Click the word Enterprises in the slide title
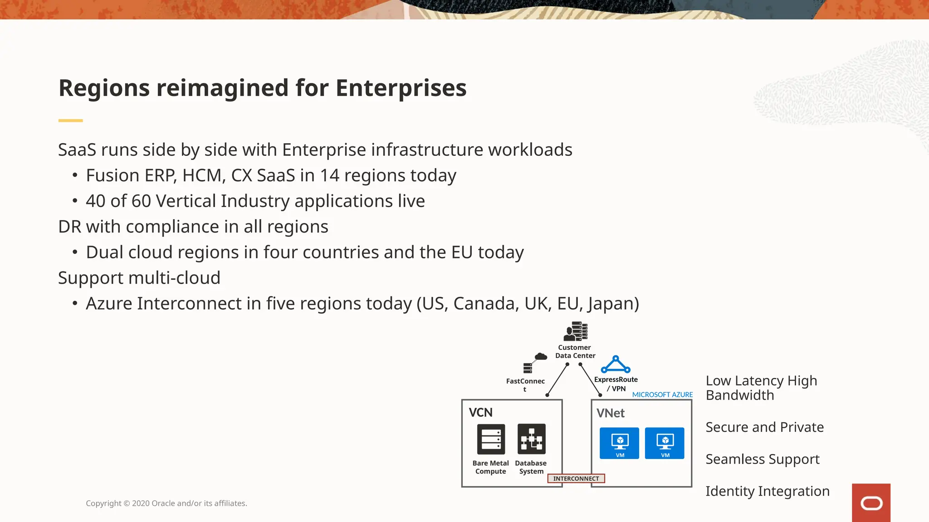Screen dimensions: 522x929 pyautogui.click(x=401, y=88)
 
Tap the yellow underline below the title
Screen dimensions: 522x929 pyautogui.click(x=70, y=121)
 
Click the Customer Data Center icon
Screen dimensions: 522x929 pyautogui.click(x=575, y=332)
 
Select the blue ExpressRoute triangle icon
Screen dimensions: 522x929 pyautogui.click(x=616, y=365)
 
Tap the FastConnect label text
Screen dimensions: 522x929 pyautogui.click(x=525, y=382)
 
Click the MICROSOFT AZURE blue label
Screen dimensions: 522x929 pyautogui.click(x=662, y=395)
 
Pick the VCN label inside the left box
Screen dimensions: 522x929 pyautogui.click(x=480, y=413)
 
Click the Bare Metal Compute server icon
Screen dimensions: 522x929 pyautogui.click(x=491, y=439)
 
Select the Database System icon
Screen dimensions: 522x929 pyautogui.click(x=531, y=439)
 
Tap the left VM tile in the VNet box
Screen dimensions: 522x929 pyautogui.click(x=619, y=443)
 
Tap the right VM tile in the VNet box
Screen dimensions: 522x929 pyautogui.click(x=665, y=443)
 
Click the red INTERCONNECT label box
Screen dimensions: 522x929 pyautogui.click(x=576, y=478)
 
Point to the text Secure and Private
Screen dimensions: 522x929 pyautogui.click(x=764, y=427)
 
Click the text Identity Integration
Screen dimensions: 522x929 pyautogui.click(x=767, y=491)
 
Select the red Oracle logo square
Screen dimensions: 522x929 pyautogui.click(x=871, y=503)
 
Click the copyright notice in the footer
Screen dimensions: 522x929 pyautogui.click(x=166, y=503)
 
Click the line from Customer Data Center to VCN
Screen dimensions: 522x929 pyautogui.click(x=557, y=380)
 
